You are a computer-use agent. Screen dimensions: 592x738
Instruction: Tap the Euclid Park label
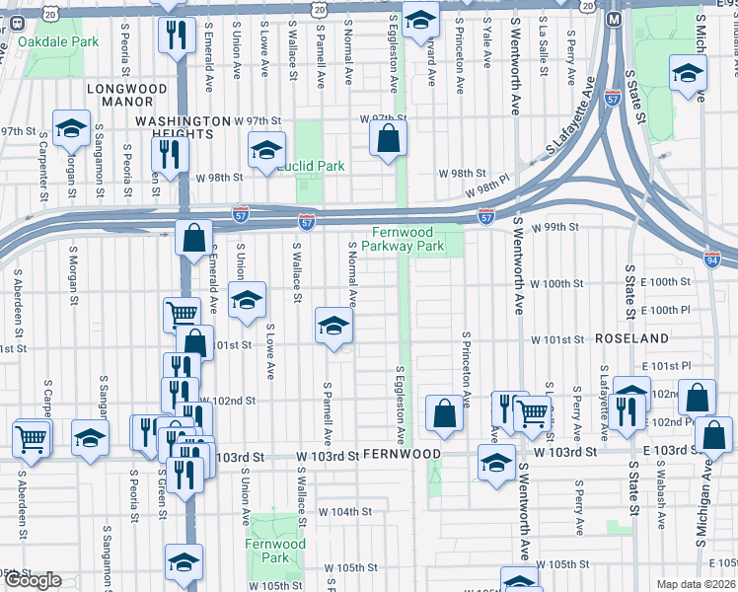310,166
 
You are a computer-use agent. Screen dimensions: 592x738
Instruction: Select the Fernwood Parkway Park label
407,240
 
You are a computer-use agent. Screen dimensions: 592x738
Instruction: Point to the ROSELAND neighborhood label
632,337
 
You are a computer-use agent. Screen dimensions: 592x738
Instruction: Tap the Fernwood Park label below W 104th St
275,551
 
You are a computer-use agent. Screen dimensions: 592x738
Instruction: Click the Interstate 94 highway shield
712,259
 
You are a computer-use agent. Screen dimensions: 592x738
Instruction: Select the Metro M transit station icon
614,19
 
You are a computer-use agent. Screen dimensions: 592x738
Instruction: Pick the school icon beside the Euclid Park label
266,151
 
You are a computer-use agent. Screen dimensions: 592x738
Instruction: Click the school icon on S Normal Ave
334,327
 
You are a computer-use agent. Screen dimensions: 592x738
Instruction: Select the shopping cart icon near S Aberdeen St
31,438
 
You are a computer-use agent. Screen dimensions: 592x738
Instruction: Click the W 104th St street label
344,512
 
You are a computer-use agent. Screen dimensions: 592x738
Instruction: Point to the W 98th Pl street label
498,186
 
